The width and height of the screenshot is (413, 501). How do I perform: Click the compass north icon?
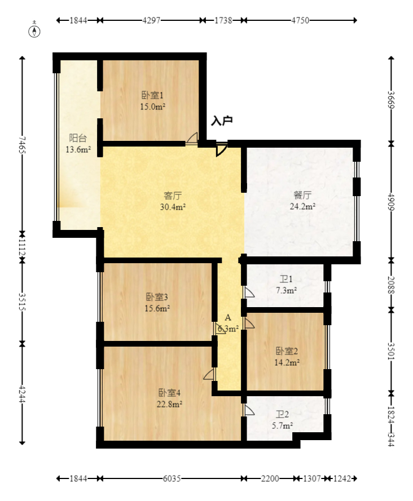pyautogui.click(x=35, y=30)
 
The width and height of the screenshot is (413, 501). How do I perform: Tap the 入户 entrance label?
pyautogui.click(x=222, y=121)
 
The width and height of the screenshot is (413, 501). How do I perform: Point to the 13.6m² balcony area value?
pyautogui.click(x=78, y=149)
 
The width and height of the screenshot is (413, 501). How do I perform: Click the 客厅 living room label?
pyautogui.click(x=173, y=196)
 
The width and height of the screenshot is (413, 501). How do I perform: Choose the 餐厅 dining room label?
pyautogui.click(x=302, y=196)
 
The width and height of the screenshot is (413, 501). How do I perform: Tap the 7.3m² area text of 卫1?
pyautogui.click(x=287, y=290)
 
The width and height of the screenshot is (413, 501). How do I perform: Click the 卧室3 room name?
pyautogui.click(x=157, y=297)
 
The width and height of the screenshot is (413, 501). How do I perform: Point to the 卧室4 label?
pyautogui.click(x=169, y=393)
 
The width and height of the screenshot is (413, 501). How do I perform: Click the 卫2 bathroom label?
pyautogui.click(x=280, y=414)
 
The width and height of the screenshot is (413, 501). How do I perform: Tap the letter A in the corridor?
pyautogui.click(x=228, y=318)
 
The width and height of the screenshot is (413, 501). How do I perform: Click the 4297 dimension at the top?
pyautogui.click(x=151, y=20)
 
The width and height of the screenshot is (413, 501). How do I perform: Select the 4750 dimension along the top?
pyautogui.click(x=300, y=20)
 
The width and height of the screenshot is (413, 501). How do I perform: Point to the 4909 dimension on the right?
pyautogui.click(x=391, y=201)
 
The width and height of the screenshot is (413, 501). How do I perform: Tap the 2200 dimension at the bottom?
pyautogui.click(x=270, y=478)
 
